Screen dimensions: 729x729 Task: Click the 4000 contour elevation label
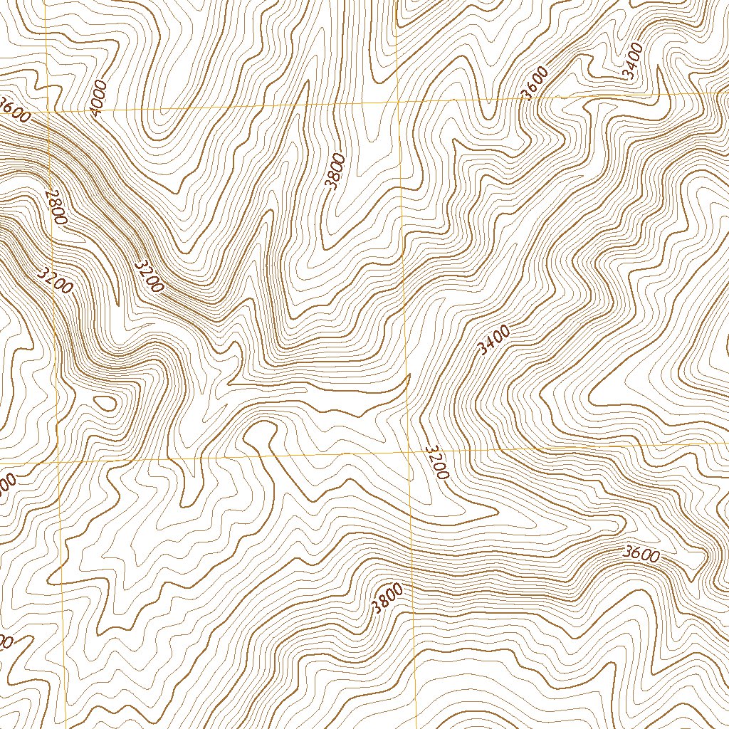pos(98,98)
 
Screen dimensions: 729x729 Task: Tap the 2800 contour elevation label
pos(55,206)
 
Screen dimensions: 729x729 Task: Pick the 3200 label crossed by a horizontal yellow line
pos(436,462)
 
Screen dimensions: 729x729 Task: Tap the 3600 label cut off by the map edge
pos(14,110)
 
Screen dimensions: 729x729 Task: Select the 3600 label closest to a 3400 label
pos(535,83)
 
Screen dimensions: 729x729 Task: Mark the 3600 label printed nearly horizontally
pos(641,553)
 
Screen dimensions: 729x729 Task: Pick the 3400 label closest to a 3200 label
pos(494,340)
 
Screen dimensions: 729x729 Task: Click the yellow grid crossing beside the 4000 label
pos(47,112)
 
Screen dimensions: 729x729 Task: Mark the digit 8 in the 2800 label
pos(53,203)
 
